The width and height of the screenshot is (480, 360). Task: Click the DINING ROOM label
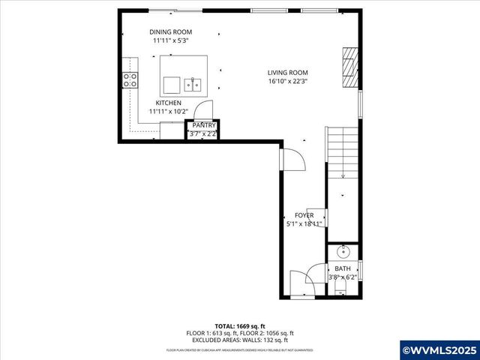170,31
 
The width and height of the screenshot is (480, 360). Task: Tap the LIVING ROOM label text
288,73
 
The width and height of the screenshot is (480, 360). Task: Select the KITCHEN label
168,103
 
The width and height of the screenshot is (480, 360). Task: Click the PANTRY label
204,125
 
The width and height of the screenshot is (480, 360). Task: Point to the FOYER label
304,215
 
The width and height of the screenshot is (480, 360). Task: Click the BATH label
342,268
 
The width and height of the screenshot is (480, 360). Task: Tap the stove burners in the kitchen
130,80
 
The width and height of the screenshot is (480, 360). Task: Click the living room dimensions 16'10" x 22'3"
288,81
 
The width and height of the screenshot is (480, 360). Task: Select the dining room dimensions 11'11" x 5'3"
170,40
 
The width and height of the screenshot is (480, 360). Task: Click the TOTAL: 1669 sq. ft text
240,326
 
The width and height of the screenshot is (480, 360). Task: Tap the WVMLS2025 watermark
439,349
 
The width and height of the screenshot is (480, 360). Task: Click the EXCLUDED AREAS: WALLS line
240,339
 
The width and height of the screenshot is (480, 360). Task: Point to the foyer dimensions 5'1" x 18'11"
304,223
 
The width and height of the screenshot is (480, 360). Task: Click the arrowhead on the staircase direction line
343,176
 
